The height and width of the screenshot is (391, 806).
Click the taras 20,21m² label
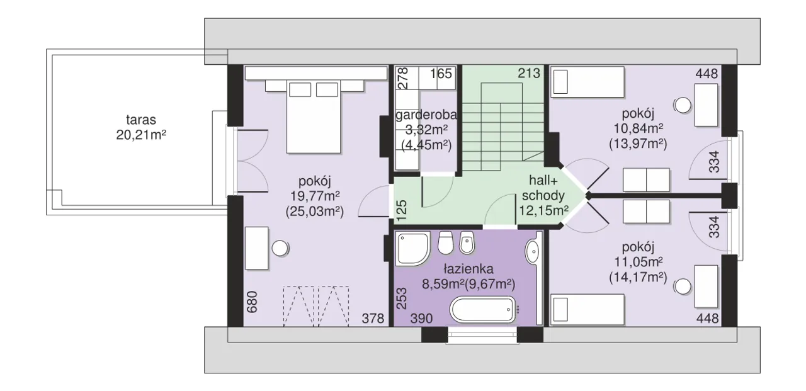[x=141, y=127]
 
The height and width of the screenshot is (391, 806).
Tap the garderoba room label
[x=426, y=115]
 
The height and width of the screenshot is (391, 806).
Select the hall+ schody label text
[x=543, y=188]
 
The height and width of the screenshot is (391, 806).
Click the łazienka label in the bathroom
[x=468, y=269]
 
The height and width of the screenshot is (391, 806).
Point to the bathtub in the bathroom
[x=483, y=309]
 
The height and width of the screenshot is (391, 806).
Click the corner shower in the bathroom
[x=412, y=249]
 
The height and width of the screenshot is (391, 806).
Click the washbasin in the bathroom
[x=532, y=251]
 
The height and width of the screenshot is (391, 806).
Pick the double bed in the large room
[x=314, y=117]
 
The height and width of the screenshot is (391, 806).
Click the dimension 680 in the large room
[x=253, y=302]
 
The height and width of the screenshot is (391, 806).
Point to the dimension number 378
[x=373, y=319]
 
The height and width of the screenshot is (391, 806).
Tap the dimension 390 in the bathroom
[x=421, y=319]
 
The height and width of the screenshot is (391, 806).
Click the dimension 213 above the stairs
[x=529, y=74]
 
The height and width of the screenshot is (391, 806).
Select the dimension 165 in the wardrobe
[x=441, y=74]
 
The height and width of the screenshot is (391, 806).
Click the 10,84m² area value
[x=639, y=128]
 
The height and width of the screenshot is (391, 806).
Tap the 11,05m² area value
[x=639, y=262]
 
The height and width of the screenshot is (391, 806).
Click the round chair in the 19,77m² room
[x=280, y=248]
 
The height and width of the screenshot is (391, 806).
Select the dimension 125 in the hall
[x=401, y=210]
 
